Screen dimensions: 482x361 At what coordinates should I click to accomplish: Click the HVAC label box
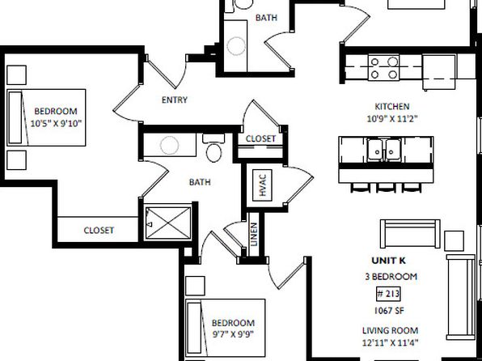tap(262, 185)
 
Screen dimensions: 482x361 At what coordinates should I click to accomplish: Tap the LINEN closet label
tap(254, 234)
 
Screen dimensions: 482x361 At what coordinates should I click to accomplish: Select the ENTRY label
tap(175, 100)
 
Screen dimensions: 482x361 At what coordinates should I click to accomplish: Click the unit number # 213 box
tap(388, 294)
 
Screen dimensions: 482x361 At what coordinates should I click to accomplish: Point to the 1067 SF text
tap(389, 311)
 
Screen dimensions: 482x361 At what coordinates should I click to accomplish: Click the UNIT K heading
tap(388, 261)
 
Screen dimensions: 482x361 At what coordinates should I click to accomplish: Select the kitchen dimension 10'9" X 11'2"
tap(392, 118)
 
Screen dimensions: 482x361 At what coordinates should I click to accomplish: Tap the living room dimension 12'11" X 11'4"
tap(390, 342)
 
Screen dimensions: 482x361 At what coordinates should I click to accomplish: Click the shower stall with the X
tap(168, 223)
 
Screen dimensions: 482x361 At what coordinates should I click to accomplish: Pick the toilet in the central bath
tap(214, 148)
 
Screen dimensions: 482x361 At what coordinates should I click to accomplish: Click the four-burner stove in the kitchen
tap(383, 68)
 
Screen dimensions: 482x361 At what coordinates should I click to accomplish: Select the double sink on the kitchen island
tap(383, 150)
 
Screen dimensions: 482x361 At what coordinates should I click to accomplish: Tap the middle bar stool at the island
tap(386, 187)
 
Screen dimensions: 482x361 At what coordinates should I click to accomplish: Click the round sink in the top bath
tap(236, 46)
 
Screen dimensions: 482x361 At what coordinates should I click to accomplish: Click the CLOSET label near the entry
tap(260, 138)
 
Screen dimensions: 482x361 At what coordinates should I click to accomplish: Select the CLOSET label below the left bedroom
tap(99, 230)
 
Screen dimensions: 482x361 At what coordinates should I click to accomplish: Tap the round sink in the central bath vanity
tap(169, 145)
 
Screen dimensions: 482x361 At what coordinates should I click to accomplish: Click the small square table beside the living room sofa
tap(454, 240)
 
